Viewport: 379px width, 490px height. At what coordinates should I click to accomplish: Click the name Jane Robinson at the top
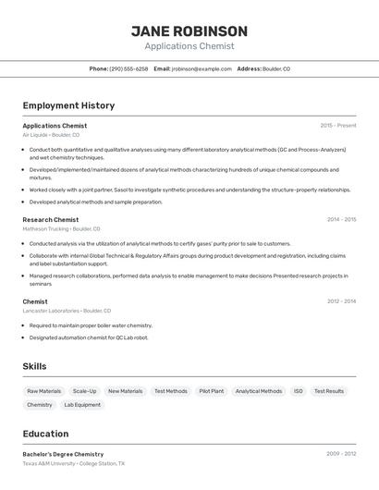(x=189, y=31)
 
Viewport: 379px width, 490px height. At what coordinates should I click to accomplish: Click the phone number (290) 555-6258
(x=128, y=68)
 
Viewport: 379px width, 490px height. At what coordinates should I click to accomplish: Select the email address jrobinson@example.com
(x=202, y=68)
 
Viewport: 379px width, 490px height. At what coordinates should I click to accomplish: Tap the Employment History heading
(x=68, y=105)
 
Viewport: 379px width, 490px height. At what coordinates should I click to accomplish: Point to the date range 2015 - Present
(x=337, y=126)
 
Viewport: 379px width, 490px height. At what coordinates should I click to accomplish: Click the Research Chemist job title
(x=51, y=220)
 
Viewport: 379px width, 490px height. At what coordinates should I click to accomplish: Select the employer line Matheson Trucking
(x=61, y=228)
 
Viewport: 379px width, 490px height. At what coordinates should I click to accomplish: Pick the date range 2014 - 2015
(x=341, y=220)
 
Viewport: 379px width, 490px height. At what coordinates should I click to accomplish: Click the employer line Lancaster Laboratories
(x=67, y=311)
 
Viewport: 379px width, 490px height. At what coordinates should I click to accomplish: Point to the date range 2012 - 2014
(x=341, y=301)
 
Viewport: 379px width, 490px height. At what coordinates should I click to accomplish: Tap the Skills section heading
(x=34, y=366)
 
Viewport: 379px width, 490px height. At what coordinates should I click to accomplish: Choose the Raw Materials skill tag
(x=44, y=391)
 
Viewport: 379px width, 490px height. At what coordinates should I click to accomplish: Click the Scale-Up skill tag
(x=84, y=391)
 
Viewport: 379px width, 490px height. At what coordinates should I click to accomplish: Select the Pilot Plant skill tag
(x=211, y=391)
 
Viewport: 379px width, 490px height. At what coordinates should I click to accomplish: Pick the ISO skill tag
(x=299, y=391)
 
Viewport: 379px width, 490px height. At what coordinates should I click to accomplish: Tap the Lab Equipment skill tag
(x=82, y=405)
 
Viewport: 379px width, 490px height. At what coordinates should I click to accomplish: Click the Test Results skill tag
(x=328, y=391)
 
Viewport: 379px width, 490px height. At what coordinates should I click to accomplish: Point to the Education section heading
(x=45, y=434)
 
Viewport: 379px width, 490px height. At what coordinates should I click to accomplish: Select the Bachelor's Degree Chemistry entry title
(x=63, y=454)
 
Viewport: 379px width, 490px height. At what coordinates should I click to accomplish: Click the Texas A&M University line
(x=73, y=463)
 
